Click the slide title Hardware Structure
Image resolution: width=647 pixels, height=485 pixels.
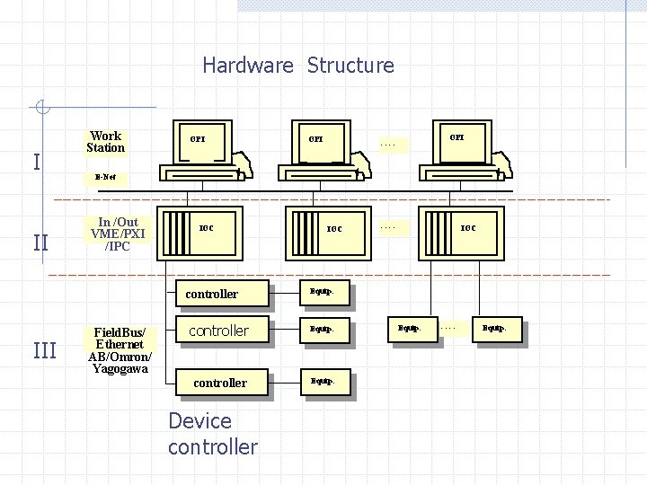[297, 66]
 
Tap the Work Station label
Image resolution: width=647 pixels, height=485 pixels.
[106, 143]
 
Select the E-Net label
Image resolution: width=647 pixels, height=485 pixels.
[105, 177]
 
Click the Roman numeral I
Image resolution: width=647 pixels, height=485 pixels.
[36, 162]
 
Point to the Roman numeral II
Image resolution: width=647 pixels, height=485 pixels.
[40, 242]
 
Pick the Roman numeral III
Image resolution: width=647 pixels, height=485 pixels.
[44, 350]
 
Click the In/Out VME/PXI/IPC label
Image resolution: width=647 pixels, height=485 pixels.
[118, 234]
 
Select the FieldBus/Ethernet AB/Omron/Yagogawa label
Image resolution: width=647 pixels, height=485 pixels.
[120, 350]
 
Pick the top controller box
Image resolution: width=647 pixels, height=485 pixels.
[211, 294]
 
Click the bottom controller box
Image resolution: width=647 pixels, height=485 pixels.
[220, 383]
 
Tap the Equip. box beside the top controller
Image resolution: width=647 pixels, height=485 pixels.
[323, 293]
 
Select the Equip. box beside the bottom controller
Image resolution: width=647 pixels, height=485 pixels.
[323, 383]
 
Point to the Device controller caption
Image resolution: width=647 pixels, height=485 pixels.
[212, 434]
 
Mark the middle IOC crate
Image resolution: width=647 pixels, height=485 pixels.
[324, 231]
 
